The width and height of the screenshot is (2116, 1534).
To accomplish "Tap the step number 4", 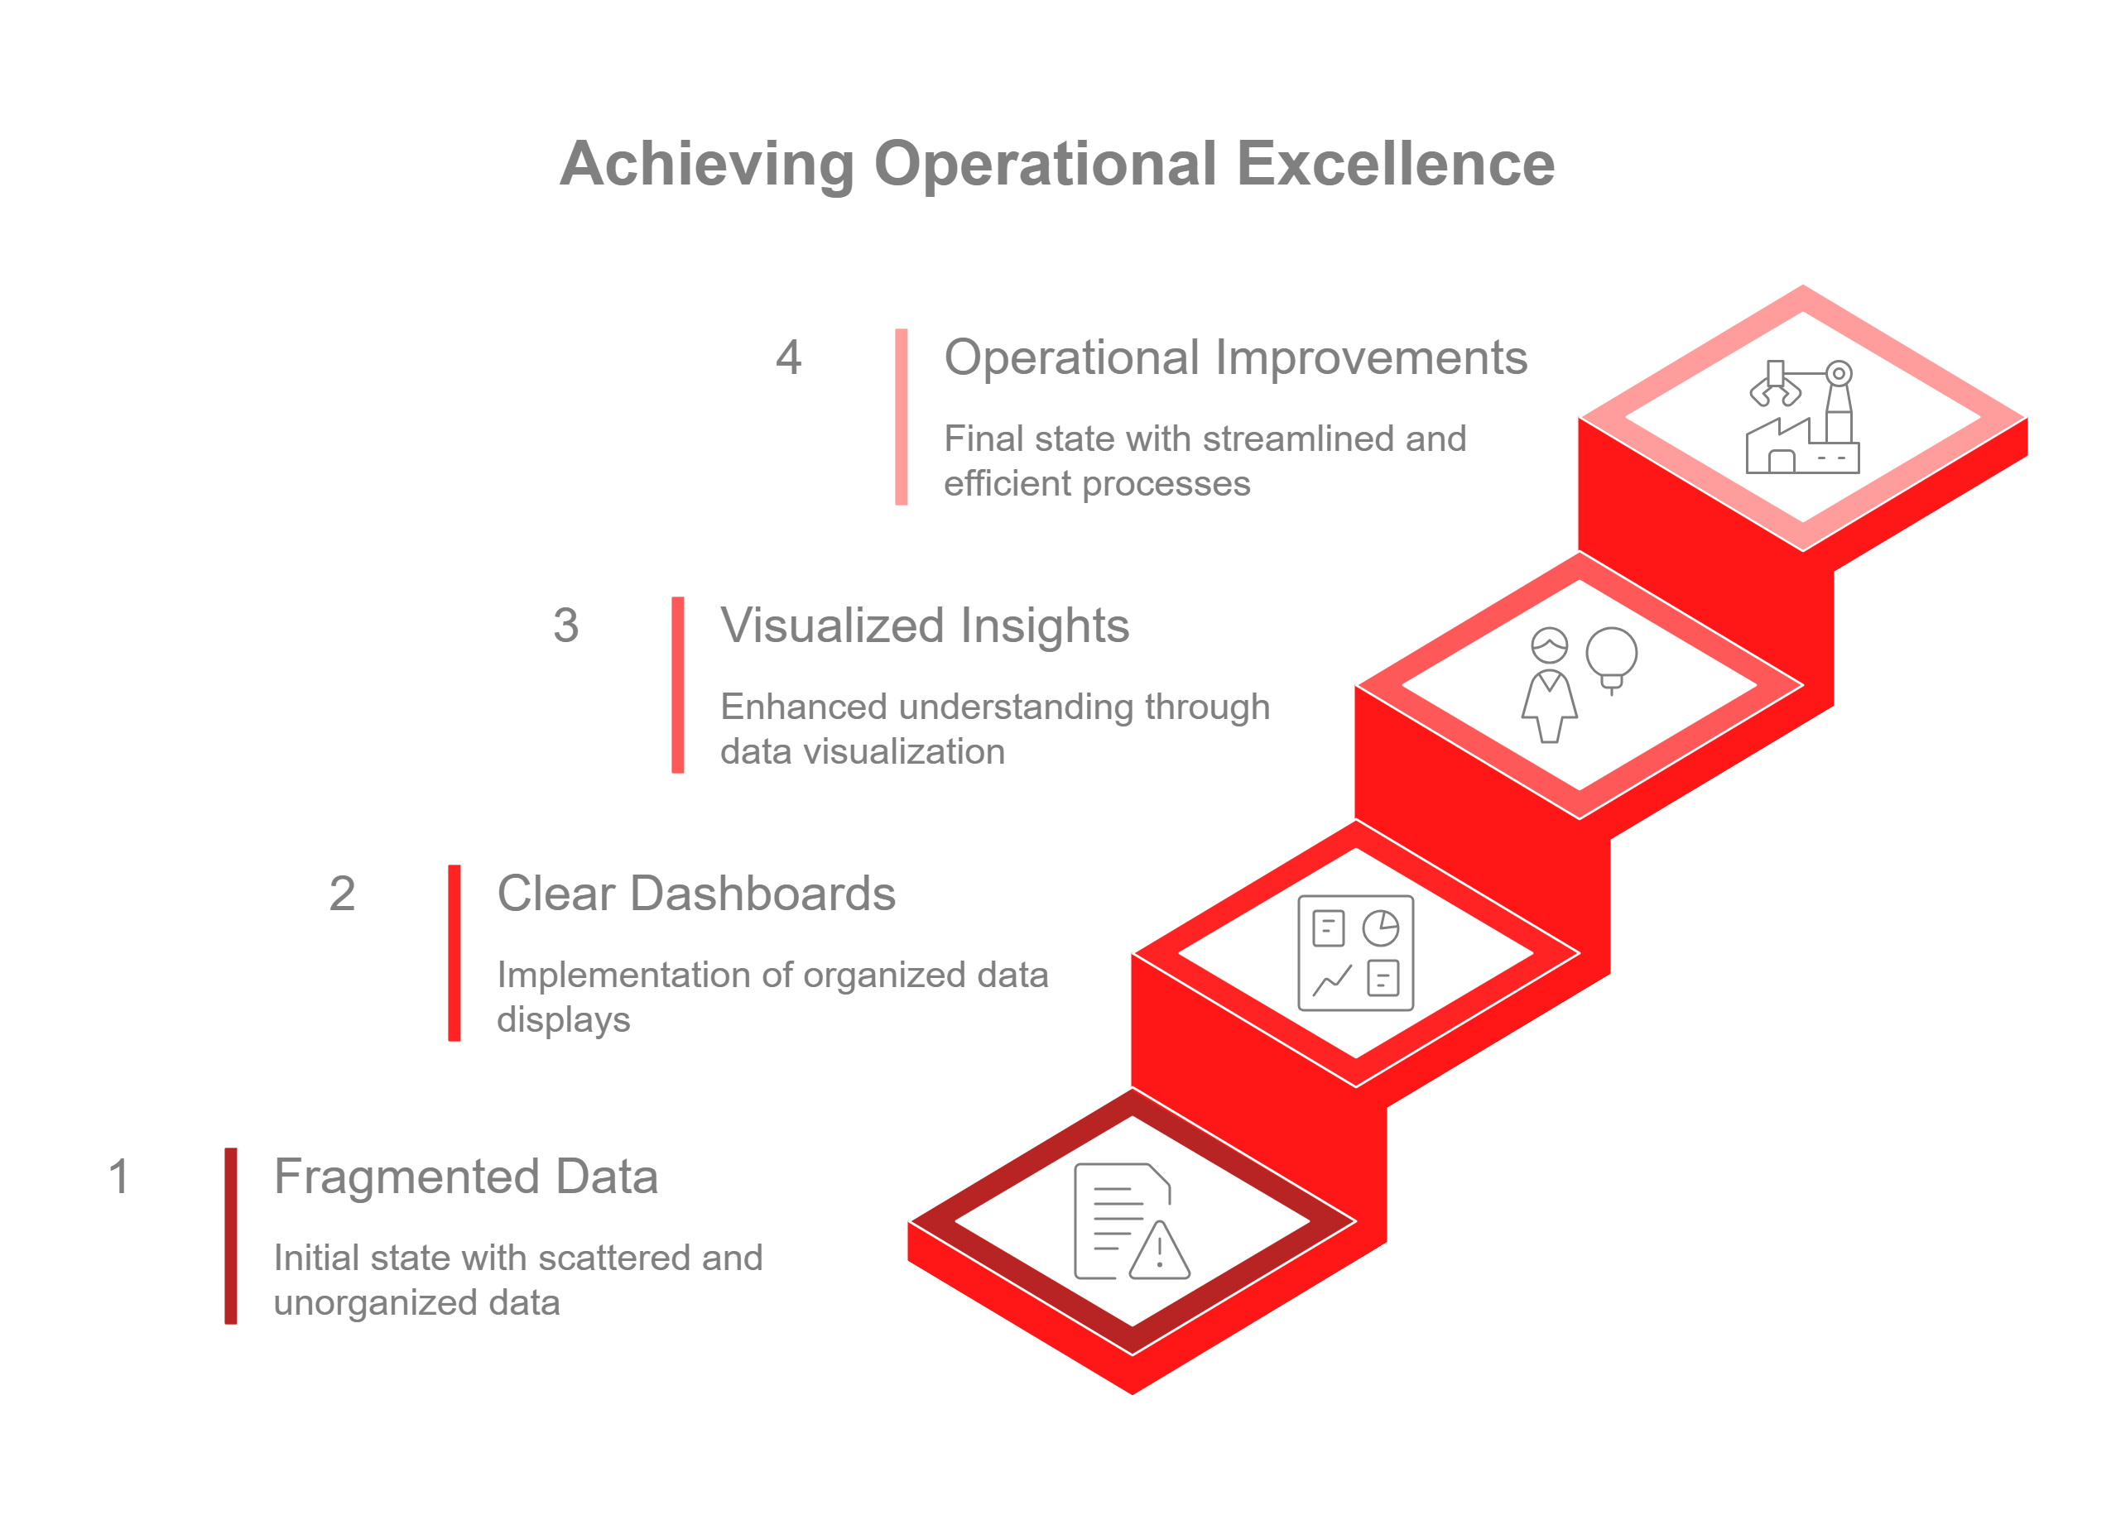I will click(788, 358).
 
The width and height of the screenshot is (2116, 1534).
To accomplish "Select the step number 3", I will click(565, 626).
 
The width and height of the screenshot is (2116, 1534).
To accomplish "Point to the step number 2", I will click(343, 894).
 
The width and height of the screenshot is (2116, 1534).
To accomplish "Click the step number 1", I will click(118, 1177).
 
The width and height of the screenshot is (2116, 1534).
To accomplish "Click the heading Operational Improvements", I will click(1235, 358).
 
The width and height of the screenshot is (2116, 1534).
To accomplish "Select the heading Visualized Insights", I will click(924, 626).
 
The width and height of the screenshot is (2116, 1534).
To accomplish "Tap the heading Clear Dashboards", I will click(696, 894).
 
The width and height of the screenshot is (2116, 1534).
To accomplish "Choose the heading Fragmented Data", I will click(465, 1177).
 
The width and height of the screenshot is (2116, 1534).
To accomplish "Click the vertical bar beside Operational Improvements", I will click(902, 417).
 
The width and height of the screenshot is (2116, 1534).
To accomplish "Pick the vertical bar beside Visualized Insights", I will click(678, 684).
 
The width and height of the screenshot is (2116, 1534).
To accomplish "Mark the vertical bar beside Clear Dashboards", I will click(454, 953).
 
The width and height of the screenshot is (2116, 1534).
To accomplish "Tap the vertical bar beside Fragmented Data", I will click(230, 1235).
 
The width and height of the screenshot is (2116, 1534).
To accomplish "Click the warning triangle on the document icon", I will click(1160, 1252).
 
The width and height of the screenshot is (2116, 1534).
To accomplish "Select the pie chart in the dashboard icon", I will click(1381, 929).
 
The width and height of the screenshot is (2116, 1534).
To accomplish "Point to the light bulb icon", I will click(1611, 656).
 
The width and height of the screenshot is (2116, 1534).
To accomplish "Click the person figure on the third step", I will click(1550, 685).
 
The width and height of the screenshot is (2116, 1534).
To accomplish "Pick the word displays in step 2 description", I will click(564, 1020).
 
